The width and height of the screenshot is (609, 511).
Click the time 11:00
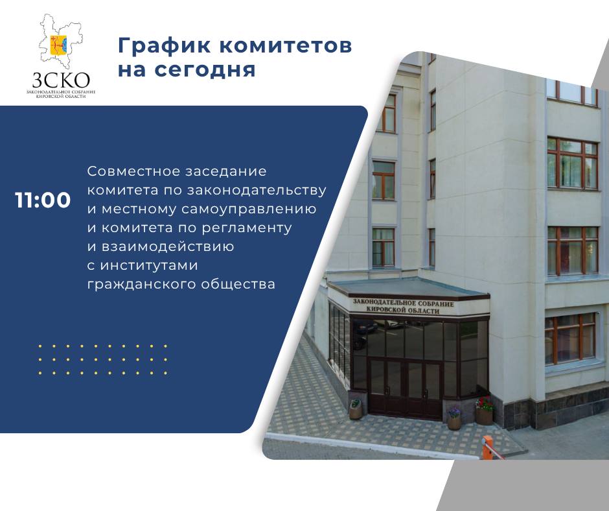tap(43, 200)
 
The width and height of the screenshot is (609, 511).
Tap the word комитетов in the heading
tap(286, 45)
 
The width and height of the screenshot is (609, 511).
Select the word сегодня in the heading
tap(205, 70)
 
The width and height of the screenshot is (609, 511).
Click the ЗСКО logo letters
tap(61, 80)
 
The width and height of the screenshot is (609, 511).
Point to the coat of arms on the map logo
tap(59, 45)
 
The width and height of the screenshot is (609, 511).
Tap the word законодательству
tap(257, 190)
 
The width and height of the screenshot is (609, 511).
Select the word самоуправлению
tap(249, 209)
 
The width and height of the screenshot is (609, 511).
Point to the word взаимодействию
tap(168, 246)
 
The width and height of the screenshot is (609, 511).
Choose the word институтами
tap(149, 265)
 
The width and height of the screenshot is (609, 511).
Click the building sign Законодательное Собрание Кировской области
tap(403, 307)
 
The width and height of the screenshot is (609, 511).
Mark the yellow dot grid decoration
tap(102, 359)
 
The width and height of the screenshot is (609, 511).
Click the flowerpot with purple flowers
tap(454, 419)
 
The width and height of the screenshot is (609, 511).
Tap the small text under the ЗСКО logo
tap(61, 94)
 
